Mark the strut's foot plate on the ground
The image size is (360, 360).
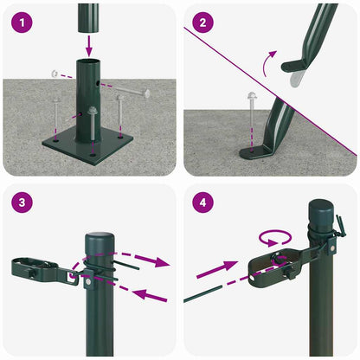[x=260, y=153]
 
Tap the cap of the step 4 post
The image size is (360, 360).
[x=320, y=211]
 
